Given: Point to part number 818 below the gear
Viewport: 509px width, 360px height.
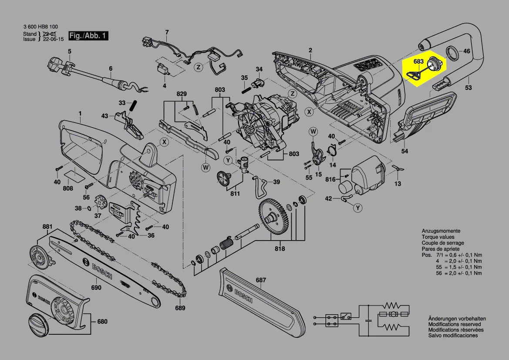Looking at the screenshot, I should [280, 248].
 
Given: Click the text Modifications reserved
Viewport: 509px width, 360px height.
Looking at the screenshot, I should [455, 324].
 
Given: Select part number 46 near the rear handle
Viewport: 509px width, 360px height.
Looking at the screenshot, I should [466, 51].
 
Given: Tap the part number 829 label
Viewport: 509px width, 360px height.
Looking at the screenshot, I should [182, 95].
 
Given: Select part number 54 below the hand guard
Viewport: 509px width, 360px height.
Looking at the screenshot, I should [405, 151].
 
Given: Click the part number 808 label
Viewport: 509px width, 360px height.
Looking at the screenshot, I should [67, 189].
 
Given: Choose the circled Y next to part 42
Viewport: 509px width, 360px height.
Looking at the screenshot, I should [357, 208].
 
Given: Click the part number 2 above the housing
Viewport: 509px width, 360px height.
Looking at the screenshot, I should [310, 50].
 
